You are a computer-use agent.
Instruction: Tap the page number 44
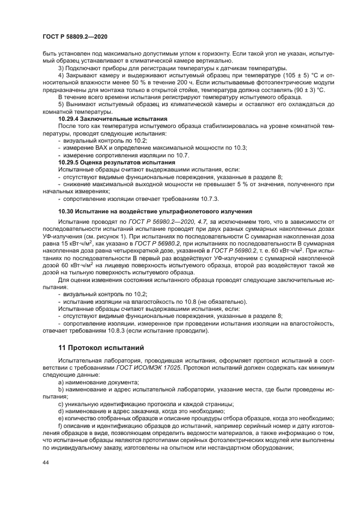point(45,462)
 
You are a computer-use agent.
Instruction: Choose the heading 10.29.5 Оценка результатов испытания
point(117,162)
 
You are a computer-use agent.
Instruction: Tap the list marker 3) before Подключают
point(61,68)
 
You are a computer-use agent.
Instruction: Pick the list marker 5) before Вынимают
point(61,103)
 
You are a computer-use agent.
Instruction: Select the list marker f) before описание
point(60,425)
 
